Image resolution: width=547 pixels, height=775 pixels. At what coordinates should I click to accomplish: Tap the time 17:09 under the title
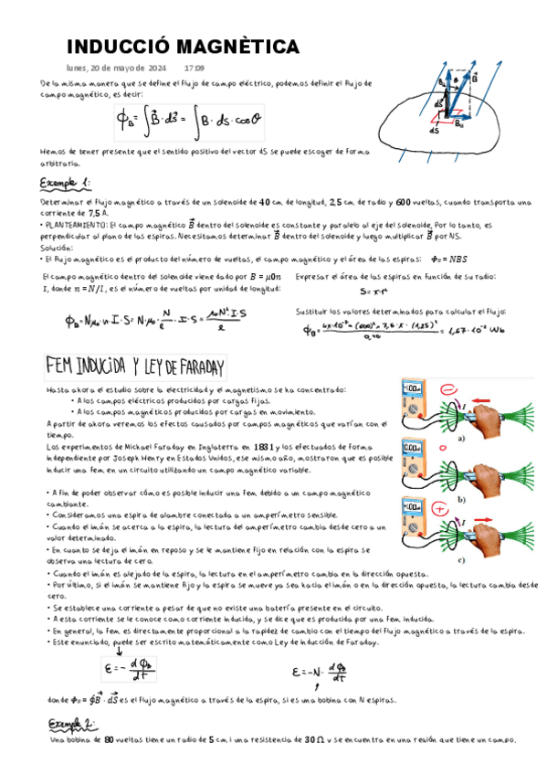point(195,68)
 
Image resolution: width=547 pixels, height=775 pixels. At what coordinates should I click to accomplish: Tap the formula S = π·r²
point(375,292)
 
